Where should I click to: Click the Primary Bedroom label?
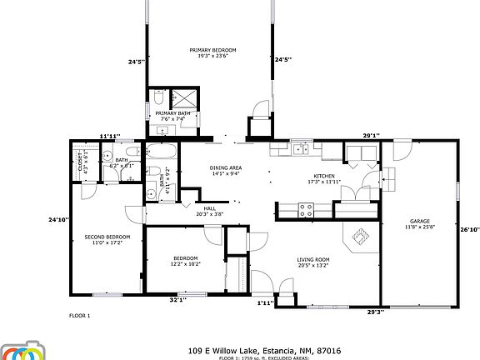coord(212,51)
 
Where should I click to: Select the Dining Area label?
coord(225,168)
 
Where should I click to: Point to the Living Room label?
coord(313,259)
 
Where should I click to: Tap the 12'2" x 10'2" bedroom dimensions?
coord(186,263)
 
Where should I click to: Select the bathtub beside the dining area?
coord(160,152)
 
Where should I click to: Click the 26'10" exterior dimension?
coord(470,229)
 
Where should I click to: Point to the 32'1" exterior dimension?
coord(177,299)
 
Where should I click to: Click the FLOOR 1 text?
coord(79,316)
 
